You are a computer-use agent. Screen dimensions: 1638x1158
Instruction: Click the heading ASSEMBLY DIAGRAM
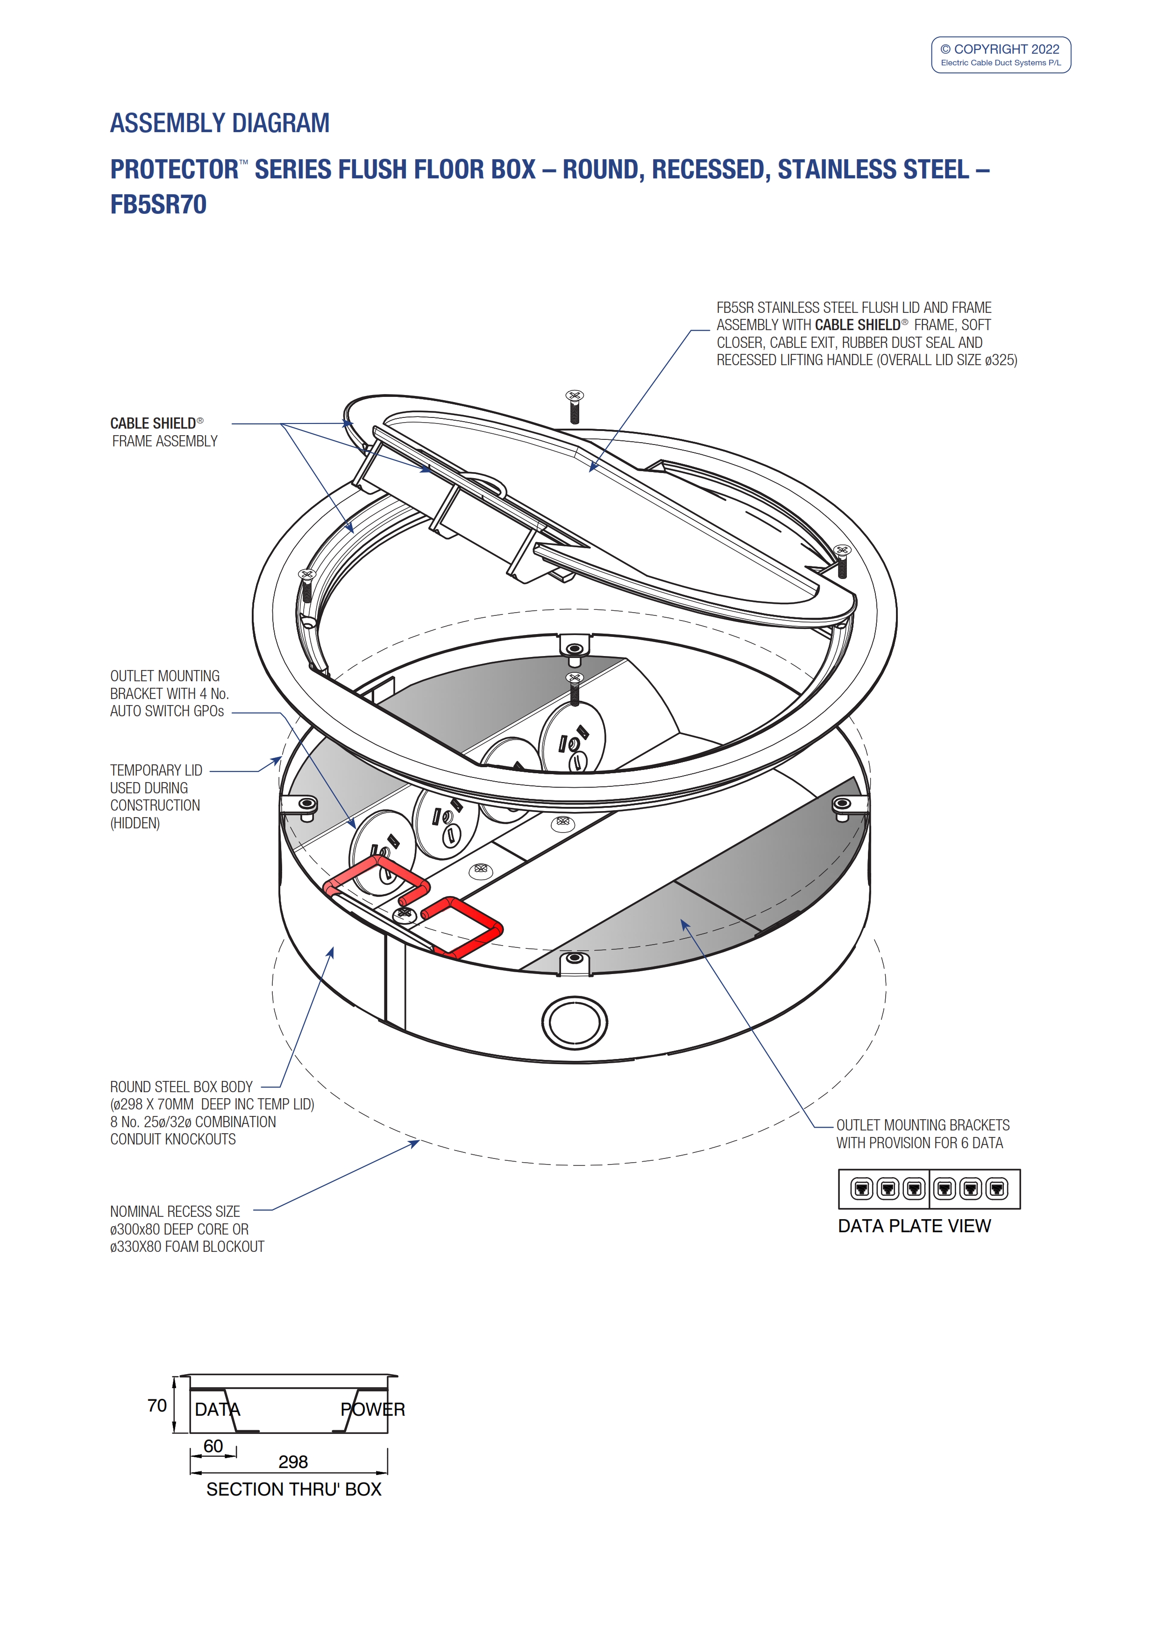pos(220,123)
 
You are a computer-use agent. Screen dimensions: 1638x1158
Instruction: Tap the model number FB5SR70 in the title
pos(158,205)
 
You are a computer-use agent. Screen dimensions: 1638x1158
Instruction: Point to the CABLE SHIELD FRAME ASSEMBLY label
pos(164,432)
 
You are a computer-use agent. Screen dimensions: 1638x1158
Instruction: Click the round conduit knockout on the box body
pos(575,1022)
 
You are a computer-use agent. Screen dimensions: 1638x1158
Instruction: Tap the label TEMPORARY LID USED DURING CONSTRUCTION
pos(156,796)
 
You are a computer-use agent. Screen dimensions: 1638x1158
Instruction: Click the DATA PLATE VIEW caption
pos(914,1226)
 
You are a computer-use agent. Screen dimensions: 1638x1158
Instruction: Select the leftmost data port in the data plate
pos(862,1188)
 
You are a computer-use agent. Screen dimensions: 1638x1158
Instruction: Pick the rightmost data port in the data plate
pos(997,1188)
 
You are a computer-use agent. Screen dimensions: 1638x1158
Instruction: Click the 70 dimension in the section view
pos(157,1405)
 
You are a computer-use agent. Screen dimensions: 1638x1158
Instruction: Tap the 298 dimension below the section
pos(293,1462)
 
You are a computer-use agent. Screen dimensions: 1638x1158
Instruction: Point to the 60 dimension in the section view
pos(213,1445)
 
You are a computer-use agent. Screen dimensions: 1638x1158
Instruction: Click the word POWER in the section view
pos(372,1409)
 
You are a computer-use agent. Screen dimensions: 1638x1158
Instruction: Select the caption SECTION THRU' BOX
pos(294,1489)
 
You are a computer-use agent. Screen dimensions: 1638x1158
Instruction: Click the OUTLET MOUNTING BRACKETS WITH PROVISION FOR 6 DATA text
pos(923,1134)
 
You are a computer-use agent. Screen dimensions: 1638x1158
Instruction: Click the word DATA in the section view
pos(218,1409)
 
